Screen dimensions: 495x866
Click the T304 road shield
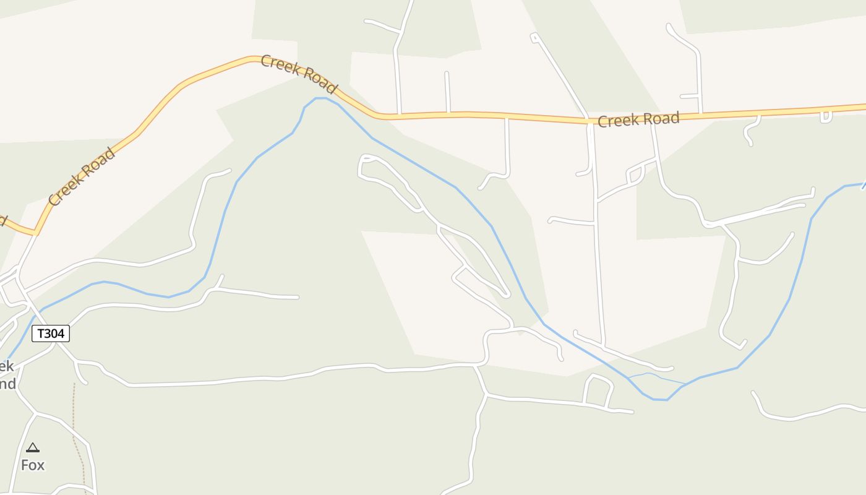[51, 334]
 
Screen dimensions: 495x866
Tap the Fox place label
[33, 465]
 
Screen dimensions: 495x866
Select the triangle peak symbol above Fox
[33, 447]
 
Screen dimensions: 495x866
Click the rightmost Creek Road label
[638, 119]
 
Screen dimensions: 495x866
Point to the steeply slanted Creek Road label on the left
[82, 177]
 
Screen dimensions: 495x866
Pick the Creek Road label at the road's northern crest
[298, 74]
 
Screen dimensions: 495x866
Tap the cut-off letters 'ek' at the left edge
[7, 366]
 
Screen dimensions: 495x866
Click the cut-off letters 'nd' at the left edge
[7, 384]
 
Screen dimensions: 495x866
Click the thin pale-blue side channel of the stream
[656, 376]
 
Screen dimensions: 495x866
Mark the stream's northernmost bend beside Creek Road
[320, 98]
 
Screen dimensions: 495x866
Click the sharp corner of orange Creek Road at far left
[35, 233]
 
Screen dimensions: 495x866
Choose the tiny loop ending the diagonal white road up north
[534, 38]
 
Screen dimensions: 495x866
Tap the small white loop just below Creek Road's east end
[826, 117]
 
